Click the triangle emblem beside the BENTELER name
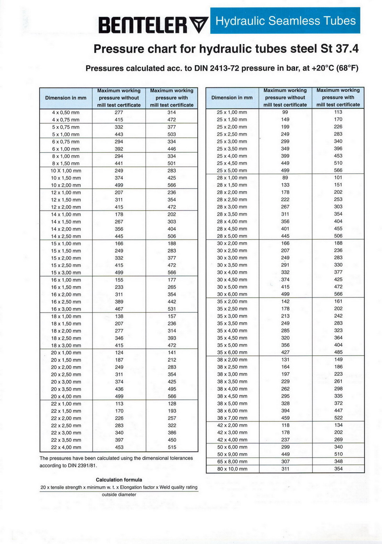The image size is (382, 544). [199, 25]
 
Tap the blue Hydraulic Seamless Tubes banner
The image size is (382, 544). [285, 21]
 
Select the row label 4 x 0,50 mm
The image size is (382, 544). [66, 113]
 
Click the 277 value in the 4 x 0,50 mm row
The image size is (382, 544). [119, 112]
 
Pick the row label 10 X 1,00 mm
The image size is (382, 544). [66, 171]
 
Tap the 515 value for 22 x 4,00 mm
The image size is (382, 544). [172, 447]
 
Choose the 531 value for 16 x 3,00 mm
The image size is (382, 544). [172, 309]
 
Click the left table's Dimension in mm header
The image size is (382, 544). [66, 98]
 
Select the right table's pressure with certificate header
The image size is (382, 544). [338, 97]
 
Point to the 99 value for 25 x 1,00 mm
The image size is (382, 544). [285, 112]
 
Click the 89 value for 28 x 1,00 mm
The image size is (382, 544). [285, 178]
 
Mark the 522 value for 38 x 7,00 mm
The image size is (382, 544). [338, 418]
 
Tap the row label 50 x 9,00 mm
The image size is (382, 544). [232, 455]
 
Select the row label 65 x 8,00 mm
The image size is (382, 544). [232, 462]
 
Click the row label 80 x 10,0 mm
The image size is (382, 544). [232, 469]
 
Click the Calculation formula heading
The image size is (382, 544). [119, 480]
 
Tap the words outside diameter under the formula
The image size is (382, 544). [119, 495]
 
